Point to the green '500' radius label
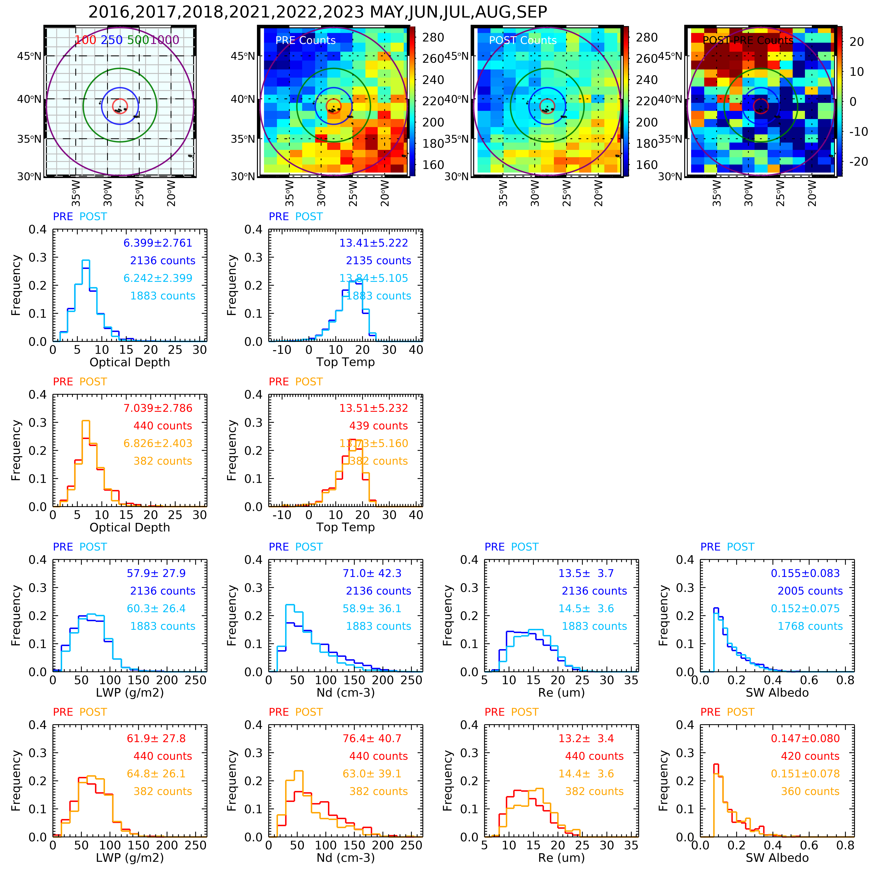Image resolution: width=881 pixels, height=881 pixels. pyautogui.click(x=138, y=40)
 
